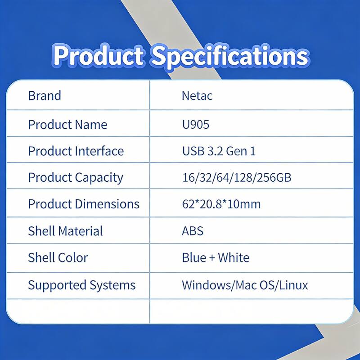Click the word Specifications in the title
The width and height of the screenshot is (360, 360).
(230, 56)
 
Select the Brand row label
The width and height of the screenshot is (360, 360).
(44, 96)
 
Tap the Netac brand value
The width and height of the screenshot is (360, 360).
(197, 96)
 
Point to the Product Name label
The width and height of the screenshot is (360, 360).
(67, 125)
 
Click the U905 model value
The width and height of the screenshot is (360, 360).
(195, 125)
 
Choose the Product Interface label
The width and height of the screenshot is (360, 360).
(76, 151)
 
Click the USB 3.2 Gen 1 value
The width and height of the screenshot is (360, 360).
(219, 151)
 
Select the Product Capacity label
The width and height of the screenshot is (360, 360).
(75, 177)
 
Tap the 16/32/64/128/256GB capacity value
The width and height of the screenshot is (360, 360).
(236, 177)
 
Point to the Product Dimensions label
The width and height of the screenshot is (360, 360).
(84, 204)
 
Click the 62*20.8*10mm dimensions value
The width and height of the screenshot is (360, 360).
(221, 204)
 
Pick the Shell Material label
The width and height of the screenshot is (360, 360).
(65, 231)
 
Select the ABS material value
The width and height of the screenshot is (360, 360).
(193, 231)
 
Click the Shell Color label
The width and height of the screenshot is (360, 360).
(58, 257)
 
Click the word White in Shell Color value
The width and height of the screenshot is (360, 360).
(234, 257)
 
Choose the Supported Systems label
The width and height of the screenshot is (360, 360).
(81, 285)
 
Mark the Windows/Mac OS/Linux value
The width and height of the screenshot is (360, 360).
(245, 285)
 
